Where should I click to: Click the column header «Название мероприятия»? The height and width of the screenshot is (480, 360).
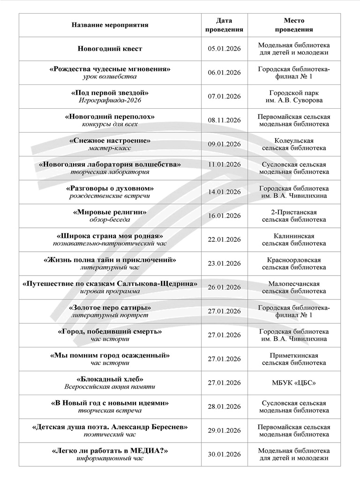click(110, 25)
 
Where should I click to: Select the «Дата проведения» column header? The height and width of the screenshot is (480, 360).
click(224, 25)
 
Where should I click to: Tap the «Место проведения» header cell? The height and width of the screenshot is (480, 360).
click(294, 25)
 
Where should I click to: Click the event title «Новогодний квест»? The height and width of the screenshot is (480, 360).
click(110, 49)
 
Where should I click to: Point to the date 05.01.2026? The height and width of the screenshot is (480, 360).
click(224, 49)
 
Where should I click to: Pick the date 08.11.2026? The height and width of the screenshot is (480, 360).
click(224, 120)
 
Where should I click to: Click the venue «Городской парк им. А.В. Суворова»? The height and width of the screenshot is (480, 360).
click(294, 97)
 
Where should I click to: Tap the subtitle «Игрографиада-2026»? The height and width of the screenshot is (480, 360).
click(110, 100)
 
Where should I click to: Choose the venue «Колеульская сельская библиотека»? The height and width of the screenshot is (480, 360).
click(294, 144)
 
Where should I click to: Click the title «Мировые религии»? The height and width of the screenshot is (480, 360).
click(110, 212)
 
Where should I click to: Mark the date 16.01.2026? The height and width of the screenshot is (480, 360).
click(224, 216)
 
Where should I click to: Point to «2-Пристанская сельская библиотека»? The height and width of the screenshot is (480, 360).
click(294, 216)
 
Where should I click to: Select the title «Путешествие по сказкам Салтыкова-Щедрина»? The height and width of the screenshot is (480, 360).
click(110, 284)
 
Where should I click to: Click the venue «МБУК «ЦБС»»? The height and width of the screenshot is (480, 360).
click(294, 383)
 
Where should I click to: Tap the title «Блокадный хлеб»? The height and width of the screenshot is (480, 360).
click(110, 379)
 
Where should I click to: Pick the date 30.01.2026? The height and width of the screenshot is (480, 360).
click(224, 455)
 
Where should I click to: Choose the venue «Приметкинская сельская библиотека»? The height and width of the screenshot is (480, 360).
click(294, 359)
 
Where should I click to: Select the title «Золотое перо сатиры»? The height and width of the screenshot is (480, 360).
click(110, 307)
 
